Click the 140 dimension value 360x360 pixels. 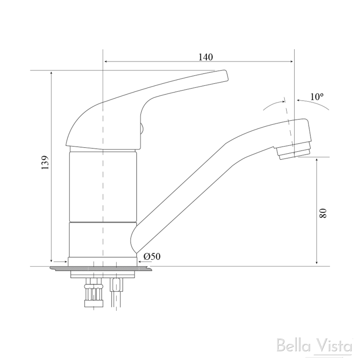[206, 57]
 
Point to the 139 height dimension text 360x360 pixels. [45, 163]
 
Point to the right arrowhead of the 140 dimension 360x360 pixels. [291, 62]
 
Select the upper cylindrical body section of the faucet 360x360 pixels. [103, 186]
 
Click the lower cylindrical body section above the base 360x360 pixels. [103, 239]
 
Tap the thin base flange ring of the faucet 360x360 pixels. [103, 262]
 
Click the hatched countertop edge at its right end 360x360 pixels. [149, 269]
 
